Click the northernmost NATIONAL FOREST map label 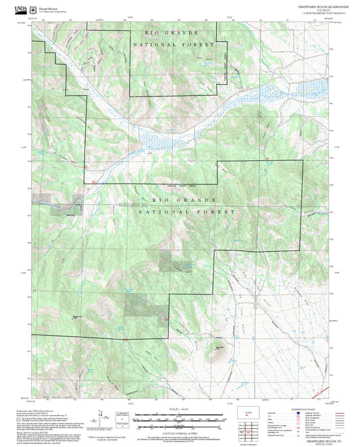pyautogui.click(x=174, y=45)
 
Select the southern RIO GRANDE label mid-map pyautogui.click(x=184, y=201)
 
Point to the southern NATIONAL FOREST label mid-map pyautogui.click(x=187, y=212)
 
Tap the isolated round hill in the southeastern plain pyautogui.click(x=217, y=349)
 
